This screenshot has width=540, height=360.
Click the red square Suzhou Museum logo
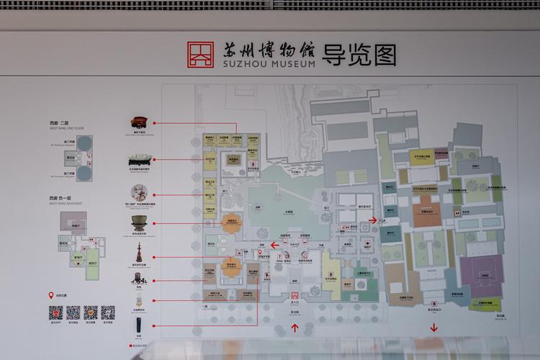(x=201, y=55)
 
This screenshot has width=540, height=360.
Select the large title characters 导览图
(x=361, y=54)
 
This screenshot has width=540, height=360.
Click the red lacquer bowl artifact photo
(x=138, y=122)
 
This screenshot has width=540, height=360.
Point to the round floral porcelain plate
(x=139, y=192)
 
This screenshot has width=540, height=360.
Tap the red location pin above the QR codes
(x=52, y=295)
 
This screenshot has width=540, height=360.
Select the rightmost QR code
(x=107, y=312)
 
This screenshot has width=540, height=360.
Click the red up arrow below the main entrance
(x=294, y=328)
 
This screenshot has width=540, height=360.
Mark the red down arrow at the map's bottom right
(x=434, y=328)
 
